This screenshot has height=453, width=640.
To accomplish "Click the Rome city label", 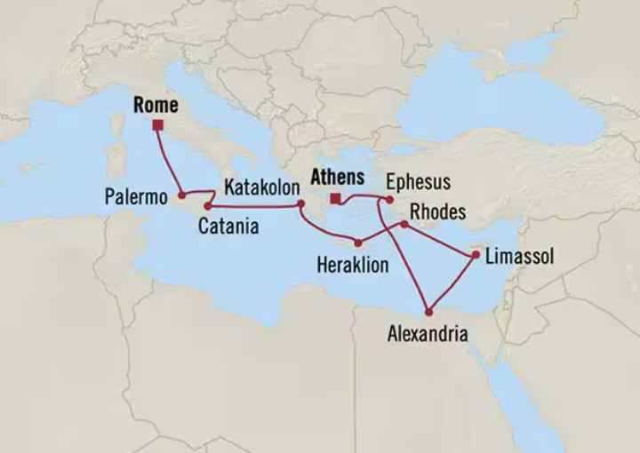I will (156, 106).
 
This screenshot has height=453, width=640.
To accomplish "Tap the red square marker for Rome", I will (157, 125).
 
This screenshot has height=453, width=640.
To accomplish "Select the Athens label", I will (337, 178).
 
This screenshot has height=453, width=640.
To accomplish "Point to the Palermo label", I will (135, 196).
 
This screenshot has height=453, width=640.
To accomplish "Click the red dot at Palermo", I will (181, 195).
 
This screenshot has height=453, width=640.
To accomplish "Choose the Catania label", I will (228, 226).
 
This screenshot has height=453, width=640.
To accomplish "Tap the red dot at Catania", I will (207, 206).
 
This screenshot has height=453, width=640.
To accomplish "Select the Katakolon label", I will (262, 187).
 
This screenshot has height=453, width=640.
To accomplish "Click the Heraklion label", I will (352, 264).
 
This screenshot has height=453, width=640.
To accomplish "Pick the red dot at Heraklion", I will (358, 242).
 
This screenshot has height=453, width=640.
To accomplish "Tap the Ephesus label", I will (418, 182).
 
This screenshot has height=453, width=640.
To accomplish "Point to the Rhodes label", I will (439, 212).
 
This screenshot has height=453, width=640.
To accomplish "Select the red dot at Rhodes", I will (404, 224).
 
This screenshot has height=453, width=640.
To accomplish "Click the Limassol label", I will (519, 257).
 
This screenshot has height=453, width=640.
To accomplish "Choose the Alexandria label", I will (428, 334).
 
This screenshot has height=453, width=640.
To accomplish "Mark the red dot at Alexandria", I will (429, 313).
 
